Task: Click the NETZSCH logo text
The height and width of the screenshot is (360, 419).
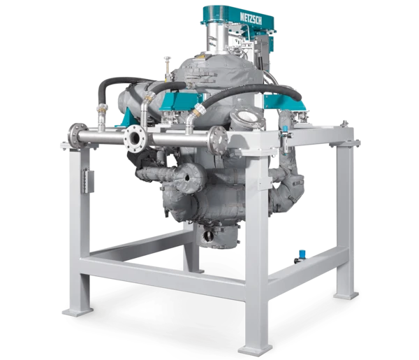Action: pos(251,18)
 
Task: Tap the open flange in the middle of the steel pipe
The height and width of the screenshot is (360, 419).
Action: pos(135,138)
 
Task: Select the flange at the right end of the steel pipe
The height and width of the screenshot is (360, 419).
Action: pos(219,140)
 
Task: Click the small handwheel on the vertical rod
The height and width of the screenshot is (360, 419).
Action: pos(168,59)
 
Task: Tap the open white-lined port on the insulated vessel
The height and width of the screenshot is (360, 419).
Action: pos(247,117)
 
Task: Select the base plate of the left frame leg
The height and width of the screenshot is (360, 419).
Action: pos(78,312)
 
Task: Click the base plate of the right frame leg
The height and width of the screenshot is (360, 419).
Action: pos(346,295)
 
